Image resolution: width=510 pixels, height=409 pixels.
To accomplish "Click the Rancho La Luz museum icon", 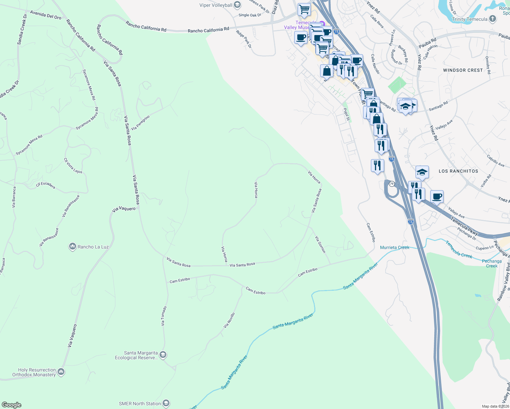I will click(x=72, y=246).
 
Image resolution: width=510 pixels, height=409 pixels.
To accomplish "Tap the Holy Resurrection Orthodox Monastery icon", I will click(x=61, y=372).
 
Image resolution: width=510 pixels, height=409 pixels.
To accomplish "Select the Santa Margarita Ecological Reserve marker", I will click(x=163, y=355).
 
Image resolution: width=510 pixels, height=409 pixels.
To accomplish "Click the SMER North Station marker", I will click(x=166, y=404).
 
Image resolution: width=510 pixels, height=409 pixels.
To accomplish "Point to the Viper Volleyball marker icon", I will click(x=237, y=5).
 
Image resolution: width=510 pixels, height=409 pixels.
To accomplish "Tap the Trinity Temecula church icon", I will click(x=493, y=19).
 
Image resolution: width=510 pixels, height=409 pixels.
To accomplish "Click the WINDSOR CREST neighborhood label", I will click(x=463, y=70).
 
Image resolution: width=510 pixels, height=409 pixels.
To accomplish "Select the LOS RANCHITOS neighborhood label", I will click(x=458, y=171).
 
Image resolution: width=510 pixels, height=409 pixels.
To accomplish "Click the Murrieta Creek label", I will click(x=394, y=247).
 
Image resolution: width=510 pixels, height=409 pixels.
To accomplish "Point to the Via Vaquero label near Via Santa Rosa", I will click(x=124, y=209).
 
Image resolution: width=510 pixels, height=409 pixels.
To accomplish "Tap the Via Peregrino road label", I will click(x=140, y=123).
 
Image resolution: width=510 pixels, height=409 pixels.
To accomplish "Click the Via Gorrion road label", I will click(x=320, y=244).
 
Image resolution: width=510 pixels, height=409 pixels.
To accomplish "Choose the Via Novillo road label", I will click(x=229, y=320).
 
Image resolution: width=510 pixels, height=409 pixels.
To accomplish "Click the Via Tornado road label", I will click(x=164, y=316).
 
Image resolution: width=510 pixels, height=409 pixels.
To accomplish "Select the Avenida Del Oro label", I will click(x=46, y=15).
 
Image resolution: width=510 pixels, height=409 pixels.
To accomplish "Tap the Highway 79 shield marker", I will click(x=392, y=184).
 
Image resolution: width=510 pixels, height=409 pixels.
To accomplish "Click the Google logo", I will click(x=12, y=405).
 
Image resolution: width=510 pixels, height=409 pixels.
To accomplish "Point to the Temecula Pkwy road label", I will click(x=464, y=226).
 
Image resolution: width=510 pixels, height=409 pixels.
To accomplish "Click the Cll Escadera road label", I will click(x=45, y=185).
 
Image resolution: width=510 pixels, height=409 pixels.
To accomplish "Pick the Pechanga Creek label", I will click(x=492, y=263).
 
